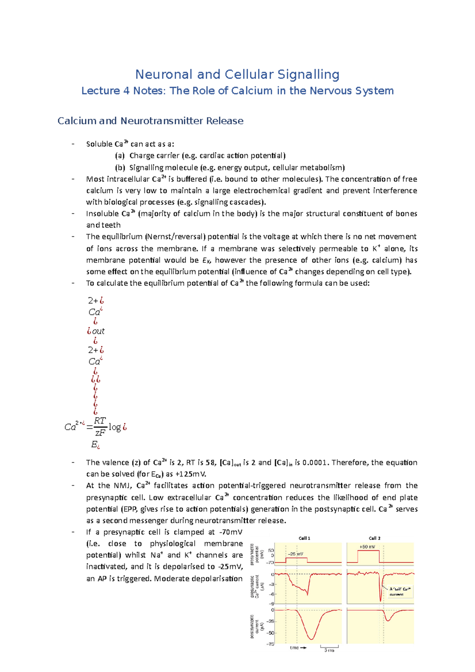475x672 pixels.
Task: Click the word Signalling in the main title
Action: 308,74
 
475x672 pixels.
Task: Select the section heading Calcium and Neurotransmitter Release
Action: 150,121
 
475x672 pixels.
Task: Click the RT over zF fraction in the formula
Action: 100,426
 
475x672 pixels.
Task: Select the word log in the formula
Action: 115,427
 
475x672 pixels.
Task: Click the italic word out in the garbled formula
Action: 98,331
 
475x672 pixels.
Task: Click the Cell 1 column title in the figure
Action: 304,538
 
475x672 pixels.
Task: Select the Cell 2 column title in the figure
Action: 374,538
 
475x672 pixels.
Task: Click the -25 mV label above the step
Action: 295,554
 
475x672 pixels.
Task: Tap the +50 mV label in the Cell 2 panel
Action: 367,547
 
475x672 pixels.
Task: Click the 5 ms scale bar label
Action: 329,650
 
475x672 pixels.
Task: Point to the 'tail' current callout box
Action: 400,591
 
